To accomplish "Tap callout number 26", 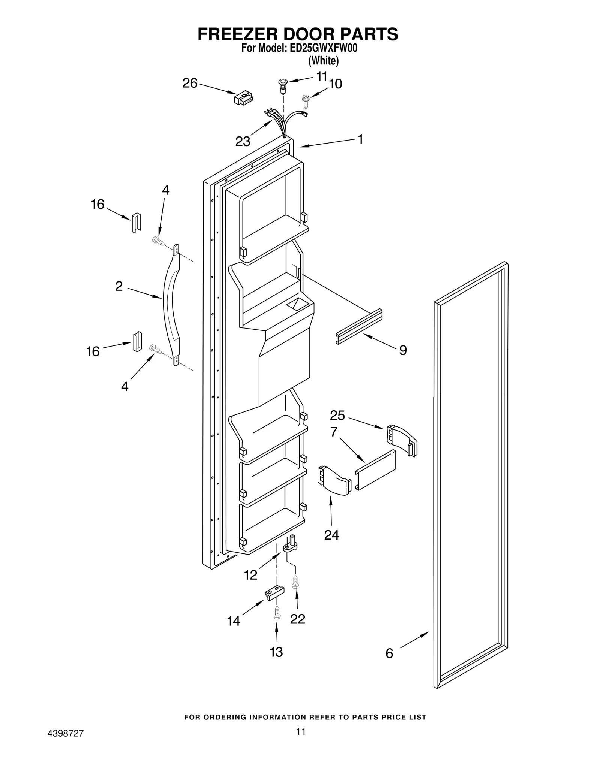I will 190,83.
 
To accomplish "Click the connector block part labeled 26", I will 244,99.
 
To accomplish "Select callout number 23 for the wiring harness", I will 243,142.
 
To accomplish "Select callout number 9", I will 403,350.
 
